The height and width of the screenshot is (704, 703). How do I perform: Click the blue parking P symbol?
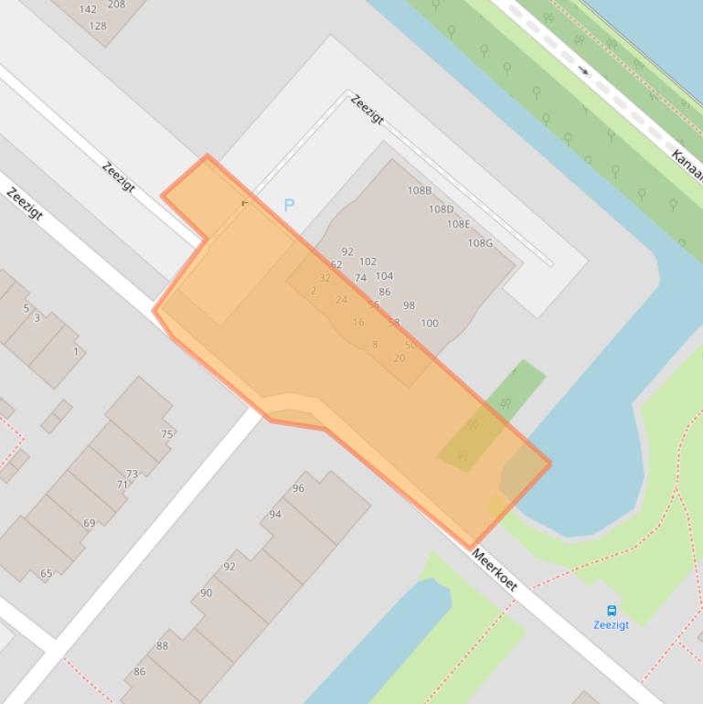[x=289, y=206]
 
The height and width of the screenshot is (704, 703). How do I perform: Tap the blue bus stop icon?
[x=612, y=610]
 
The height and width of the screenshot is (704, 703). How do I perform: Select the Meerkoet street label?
[x=495, y=569]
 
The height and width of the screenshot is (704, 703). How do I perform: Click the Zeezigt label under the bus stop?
[x=611, y=625]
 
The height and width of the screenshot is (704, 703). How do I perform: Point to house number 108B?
[x=420, y=191]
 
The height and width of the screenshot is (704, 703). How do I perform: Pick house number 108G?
[x=480, y=243]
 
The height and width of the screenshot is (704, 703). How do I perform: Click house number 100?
[x=430, y=323]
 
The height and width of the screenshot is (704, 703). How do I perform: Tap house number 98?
[x=409, y=305]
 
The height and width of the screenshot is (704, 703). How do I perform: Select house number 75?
[x=167, y=434]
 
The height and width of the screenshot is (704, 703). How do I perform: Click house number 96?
[x=298, y=488]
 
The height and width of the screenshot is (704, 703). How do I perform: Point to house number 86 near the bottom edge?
[x=139, y=671]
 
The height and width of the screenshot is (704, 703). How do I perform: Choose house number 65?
[x=46, y=574]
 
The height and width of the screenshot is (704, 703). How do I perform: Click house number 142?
[x=88, y=9]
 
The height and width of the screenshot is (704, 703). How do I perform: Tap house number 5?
[x=26, y=308]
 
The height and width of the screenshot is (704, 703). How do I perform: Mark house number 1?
[x=76, y=351]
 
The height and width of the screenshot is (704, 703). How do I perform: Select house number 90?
[x=206, y=592]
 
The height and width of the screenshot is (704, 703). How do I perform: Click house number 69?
[x=89, y=523]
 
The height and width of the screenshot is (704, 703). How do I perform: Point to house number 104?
[x=384, y=276]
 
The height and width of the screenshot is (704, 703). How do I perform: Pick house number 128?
[x=98, y=26]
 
